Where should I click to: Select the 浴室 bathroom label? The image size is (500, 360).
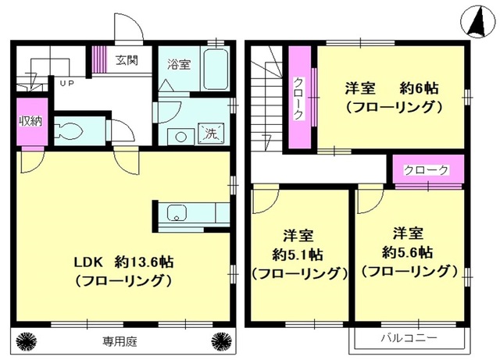coord(179,65)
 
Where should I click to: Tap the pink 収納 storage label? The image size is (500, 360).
coord(27,121)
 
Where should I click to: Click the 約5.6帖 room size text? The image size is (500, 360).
coord(408,252)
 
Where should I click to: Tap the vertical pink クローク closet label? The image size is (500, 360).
coord(298,99)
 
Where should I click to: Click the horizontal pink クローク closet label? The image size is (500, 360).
coord(427,169)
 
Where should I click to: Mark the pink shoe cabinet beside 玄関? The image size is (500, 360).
coord(99,59)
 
